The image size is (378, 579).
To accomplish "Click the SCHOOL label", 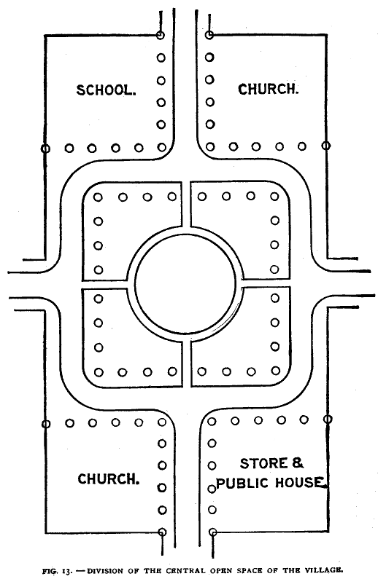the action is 106,90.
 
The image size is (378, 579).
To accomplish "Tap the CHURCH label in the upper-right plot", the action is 268,90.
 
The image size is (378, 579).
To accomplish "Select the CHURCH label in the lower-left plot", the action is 109,479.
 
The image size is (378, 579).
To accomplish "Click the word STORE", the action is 263,463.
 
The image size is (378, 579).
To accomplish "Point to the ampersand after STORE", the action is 298,463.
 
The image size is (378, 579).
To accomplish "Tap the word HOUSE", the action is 301,482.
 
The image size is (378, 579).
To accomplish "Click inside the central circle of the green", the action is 185,283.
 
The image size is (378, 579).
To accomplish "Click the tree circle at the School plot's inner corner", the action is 161,147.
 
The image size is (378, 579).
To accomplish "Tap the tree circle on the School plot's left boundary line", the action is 45,149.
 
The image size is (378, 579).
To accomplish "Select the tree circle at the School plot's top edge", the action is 160,36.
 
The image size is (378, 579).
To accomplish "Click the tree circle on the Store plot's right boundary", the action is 328,419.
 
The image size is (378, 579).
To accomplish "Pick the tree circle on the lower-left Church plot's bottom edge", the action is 162,532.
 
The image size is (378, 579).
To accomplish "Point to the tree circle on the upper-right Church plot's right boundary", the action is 326,146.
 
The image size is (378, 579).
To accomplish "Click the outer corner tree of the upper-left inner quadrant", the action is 98,197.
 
